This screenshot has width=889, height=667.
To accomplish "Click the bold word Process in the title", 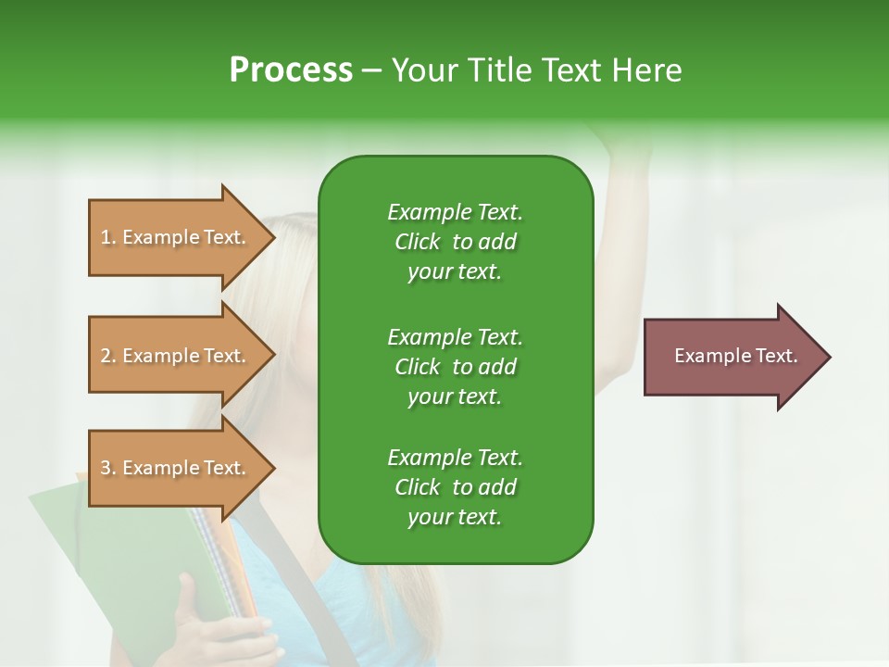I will coord(291,70).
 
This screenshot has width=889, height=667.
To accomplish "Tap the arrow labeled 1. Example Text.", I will coord(176,237).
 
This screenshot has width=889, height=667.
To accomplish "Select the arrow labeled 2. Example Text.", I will coord(176,356).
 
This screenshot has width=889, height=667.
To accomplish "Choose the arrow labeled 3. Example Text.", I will coord(176,468).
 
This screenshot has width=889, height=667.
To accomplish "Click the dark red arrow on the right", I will coord(732,357).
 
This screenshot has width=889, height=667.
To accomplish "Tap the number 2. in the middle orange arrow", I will coord(108,356).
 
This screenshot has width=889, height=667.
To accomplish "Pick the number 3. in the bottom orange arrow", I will coord(108,468).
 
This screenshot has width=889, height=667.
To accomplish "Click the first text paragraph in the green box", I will coord(455,242).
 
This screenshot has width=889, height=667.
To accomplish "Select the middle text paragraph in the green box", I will coord(455,366).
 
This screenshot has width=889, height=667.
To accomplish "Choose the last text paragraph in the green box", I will coord(455,487).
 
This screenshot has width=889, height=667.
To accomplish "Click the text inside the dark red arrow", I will coord(735,356).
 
